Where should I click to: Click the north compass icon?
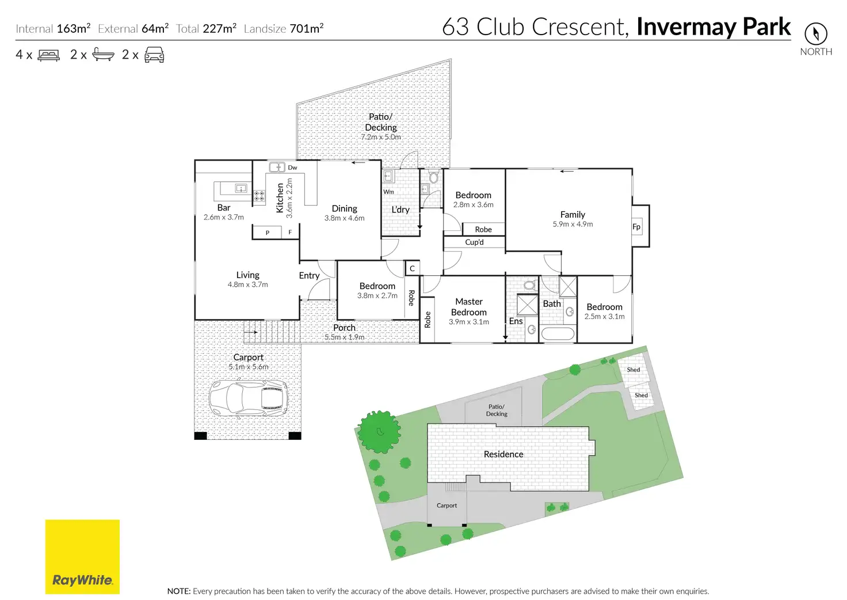pos(815,33)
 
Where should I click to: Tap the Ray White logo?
pos(82,557)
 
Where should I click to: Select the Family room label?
pos(573,214)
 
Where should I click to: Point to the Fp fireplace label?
pos(636,226)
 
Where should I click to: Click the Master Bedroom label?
pos(469,307)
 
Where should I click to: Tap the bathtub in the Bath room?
pos(558,334)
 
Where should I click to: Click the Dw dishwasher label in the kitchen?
pos(292,168)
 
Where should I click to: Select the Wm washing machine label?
pos(389,192)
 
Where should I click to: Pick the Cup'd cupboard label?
pos(474,242)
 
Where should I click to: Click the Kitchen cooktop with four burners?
pos(260,196)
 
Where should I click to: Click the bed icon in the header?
pos(49,55)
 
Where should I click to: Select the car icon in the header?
pos(154,55)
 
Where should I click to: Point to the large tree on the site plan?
pos(379,431)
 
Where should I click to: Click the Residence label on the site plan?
pos(503,454)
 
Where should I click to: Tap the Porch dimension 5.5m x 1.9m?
pos(344,337)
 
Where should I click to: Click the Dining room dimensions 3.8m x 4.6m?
pos(344,218)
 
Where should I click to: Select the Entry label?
pos(309,276)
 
